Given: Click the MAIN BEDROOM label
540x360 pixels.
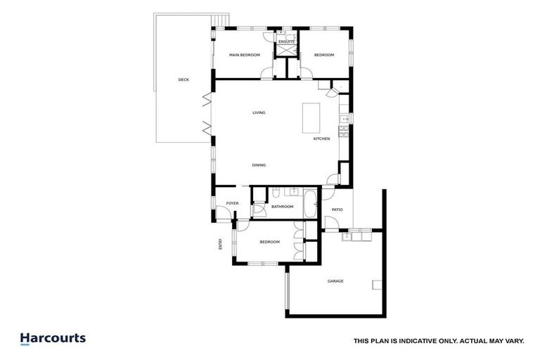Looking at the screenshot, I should (x=245, y=55).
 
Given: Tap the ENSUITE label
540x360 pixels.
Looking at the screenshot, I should (x=286, y=42).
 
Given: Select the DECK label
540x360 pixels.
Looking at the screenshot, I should (x=184, y=79).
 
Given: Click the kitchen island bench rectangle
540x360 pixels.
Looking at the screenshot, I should (x=311, y=117).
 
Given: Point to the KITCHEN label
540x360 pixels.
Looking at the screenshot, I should (x=321, y=139).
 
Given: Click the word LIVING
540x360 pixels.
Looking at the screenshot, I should (x=259, y=112).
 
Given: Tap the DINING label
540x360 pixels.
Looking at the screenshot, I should (x=259, y=165).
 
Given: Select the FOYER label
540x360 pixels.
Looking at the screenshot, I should (x=232, y=203).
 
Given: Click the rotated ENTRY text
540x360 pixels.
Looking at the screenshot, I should (x=220, y=244).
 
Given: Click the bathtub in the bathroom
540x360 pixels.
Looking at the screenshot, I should (x=310, y=204).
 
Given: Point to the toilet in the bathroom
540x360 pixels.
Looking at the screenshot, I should (x=276, y=193).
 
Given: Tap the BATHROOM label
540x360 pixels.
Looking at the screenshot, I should (x=282, y=207).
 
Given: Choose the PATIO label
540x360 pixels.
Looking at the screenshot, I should (x=336, y=210).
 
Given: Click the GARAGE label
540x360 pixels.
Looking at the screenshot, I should (x=335, y=281).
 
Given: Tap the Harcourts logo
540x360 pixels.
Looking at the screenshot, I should (x=53, y=338).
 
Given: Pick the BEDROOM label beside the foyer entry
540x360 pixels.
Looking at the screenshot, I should (x=269, y=242).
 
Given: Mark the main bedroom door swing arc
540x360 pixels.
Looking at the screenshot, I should (x=266, y=73).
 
